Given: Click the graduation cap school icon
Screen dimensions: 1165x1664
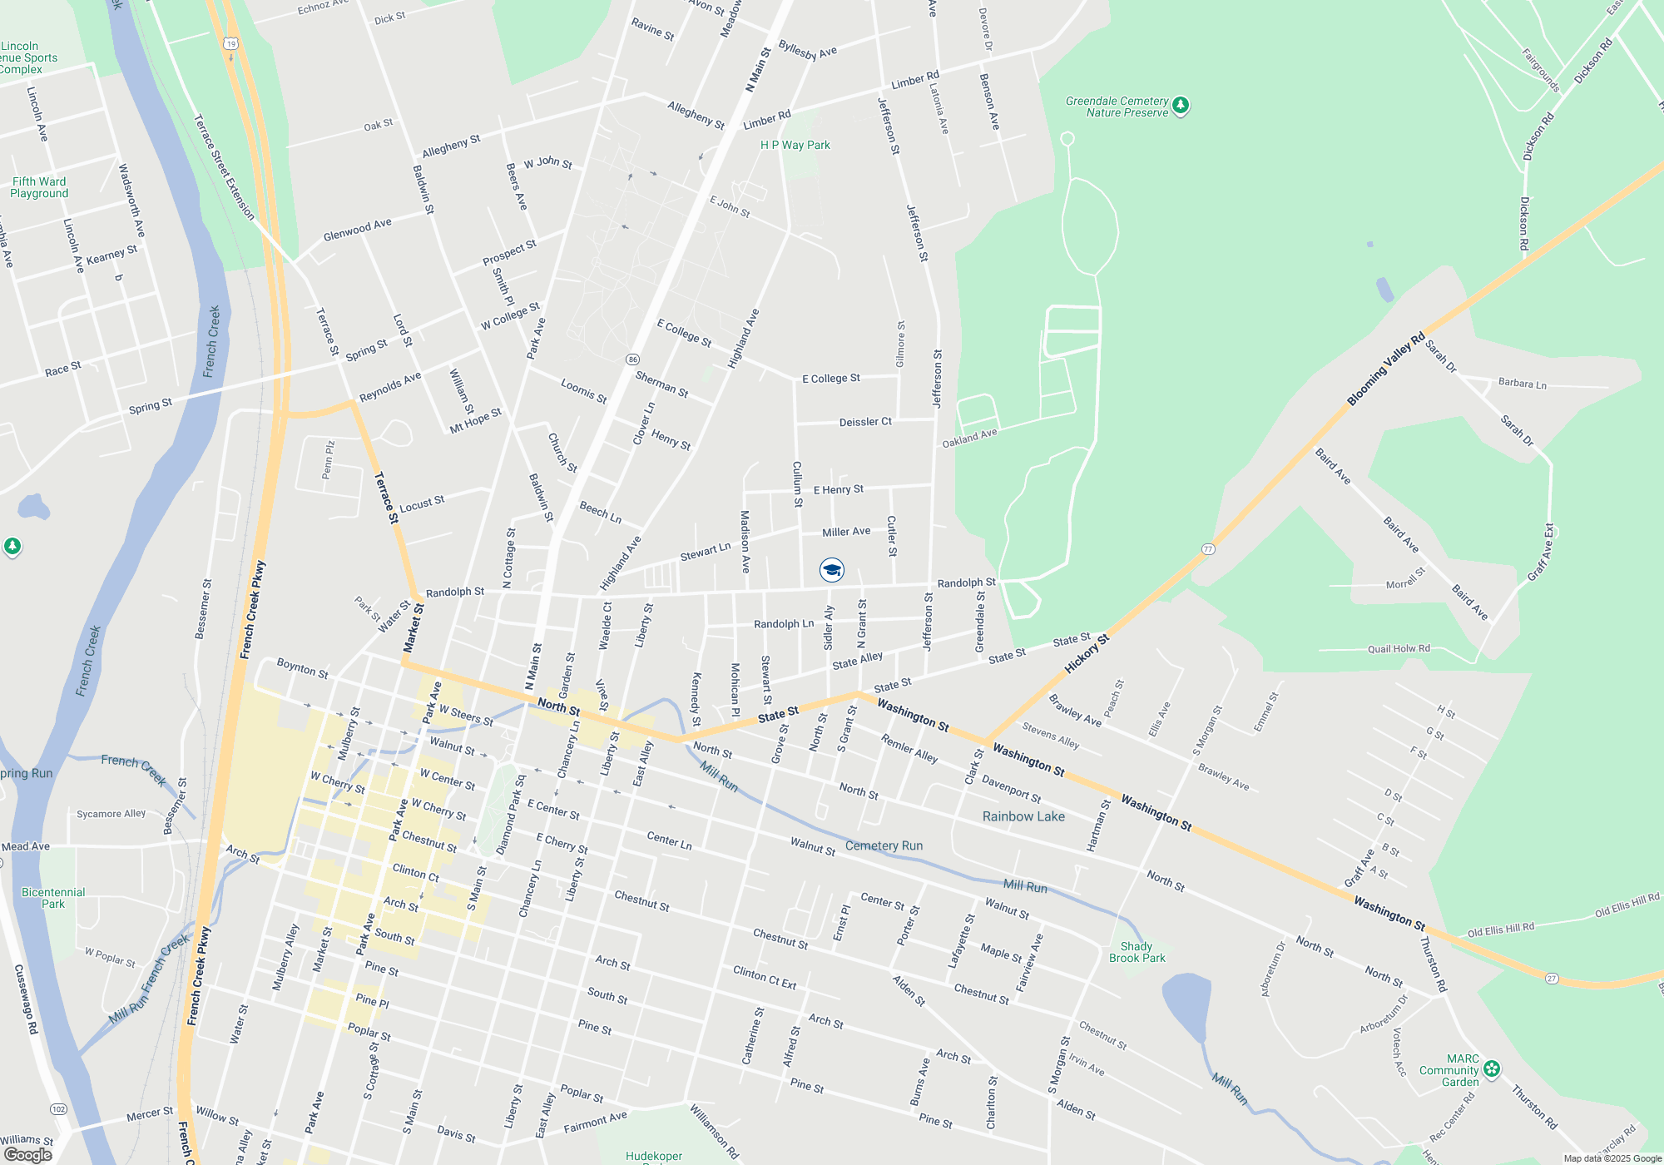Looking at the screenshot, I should [831, 570].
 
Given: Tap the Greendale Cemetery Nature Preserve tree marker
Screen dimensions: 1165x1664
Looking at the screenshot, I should [1181, 106].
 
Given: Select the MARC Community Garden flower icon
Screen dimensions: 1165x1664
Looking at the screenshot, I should [1492, 1068].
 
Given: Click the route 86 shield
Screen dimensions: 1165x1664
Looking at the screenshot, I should [633, 359].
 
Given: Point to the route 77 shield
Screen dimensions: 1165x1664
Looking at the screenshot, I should [1208, 549].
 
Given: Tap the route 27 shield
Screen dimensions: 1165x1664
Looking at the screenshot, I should [1552, 978].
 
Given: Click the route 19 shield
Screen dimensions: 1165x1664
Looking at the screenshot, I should [230, 43].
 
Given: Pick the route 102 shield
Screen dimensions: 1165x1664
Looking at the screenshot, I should [58, 1109].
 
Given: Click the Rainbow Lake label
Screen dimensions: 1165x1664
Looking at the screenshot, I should [1023, 816].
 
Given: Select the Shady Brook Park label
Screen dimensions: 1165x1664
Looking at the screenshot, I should [1137, 952].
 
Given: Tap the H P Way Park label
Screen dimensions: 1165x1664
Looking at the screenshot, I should [795, 145].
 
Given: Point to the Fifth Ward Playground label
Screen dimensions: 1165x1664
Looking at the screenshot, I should [39, 187].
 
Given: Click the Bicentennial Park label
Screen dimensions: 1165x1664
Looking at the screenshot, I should [53, 898].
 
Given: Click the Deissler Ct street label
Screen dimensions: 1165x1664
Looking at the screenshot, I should [865, 422].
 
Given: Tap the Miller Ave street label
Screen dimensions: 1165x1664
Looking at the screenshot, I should [846, 532].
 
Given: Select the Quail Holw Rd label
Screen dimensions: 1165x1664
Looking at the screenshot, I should [1399, 648].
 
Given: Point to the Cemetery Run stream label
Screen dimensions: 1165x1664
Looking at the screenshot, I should [884, 845].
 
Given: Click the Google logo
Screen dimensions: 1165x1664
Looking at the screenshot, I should [27, 1154].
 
